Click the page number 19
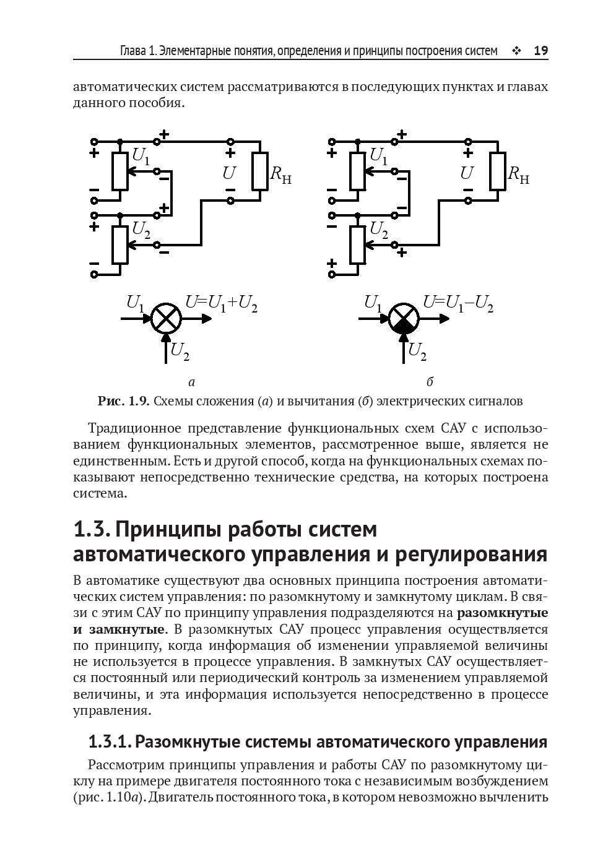pyautogui.click(x=540, y=51)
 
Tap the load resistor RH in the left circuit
pyautogui.click(x=260, y=171)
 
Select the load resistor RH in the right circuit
pyautogui.click(x=498, y=171)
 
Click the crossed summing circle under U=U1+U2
pyautogui.click(x=166, y=319)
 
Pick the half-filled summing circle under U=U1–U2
pyautogui.click(x=404, y=319)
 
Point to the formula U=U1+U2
pyautogui.click(x=222, y=303)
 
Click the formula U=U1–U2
pyautogui.click(x=458, y=303)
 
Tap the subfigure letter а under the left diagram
pyautogui.click(x=192, y=381)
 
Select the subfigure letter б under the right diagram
pyautogui.click(x=430, y=381)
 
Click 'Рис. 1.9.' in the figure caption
pyautogui.click(x=124, y=401)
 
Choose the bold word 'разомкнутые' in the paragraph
pyautogui.click(x=502, y=613)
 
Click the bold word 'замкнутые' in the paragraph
pyautogui.click(x=127, y=629)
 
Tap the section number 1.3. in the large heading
pyautogui.click(x=92, y=530)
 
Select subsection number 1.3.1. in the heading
pyautogui.click(x=109, y=741)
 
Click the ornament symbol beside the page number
pyautogui.click(x=516, y=51)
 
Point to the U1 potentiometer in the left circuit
pyautogui.click(x=119, y=171)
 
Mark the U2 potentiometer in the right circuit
pyautogui.click(x=357, y=244)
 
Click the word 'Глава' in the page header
pyautogui.click(x=133, y=51)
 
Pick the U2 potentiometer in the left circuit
pyautogui.click(x=119, y=244)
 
